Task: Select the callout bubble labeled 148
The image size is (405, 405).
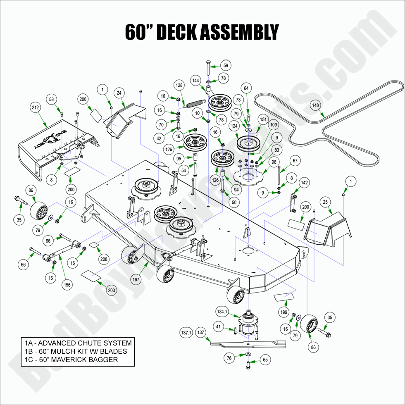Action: point(316,105)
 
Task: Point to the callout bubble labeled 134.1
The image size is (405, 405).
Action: point(222,311)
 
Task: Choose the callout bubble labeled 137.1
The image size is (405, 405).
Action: point(186,332)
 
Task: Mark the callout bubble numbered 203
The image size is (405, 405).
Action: point(111,291)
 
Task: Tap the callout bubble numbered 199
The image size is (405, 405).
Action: point(283,312)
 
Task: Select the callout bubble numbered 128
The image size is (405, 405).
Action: point(179,85)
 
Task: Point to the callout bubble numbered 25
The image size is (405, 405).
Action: point(325,202)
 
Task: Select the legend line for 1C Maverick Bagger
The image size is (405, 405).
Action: point(71,360)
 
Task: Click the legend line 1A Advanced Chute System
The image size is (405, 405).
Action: point(78,343)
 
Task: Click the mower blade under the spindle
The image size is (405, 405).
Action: point(248,343)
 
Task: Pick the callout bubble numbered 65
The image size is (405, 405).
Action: point(265,360)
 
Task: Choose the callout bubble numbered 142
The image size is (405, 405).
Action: point(304,183)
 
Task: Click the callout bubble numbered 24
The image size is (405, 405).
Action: point(119,93)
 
